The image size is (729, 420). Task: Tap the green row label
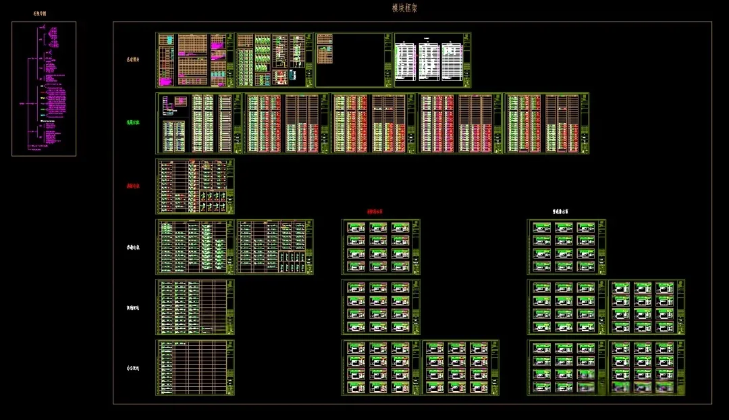pos(133,123)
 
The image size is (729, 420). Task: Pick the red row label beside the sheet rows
pos(133,186)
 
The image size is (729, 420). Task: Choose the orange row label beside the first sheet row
pos(133,60)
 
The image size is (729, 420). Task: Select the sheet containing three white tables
pos(433,60)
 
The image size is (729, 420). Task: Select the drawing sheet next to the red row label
pos(195,186)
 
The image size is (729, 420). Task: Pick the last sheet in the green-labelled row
pos(547,123)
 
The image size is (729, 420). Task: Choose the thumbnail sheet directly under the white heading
pos(566,246)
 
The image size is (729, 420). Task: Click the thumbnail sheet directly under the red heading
pos(381,246)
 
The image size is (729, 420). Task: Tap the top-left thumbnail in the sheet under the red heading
pos(356,228)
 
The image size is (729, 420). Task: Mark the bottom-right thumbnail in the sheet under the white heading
pos(586,266)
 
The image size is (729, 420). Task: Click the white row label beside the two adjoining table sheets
pos(133,247)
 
